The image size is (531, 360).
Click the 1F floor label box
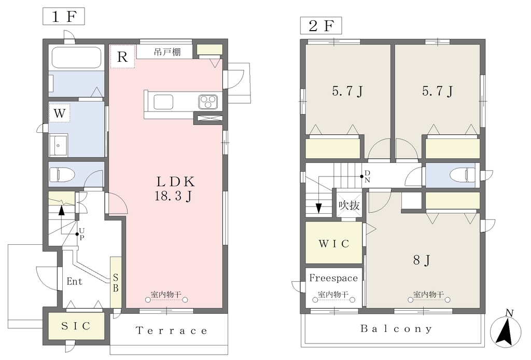[x=64, y=16]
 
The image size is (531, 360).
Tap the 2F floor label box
[x=321, y=25]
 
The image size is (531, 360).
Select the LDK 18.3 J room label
[x=175, y=189]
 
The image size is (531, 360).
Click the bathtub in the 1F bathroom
[x=77, y=56]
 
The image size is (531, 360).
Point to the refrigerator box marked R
[x=122, y=57]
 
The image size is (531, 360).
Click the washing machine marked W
[x=60, y=113]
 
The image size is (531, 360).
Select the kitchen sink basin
[x=163, y=102]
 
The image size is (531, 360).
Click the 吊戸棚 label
[x=167, y=52]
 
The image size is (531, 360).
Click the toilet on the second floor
[x=463, y=175]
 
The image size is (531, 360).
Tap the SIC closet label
[x=76, y=326]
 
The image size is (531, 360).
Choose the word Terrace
[x=171, y=330]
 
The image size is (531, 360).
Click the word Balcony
[x=396, y=328]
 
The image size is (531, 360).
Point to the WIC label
[x=334, y=243]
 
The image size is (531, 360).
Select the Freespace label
[x=333, y=278]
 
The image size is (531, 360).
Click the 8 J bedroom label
[x=422, y=260]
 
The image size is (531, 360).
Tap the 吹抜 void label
[x=349, y=205]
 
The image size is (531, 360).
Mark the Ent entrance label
[x=75, y=282]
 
